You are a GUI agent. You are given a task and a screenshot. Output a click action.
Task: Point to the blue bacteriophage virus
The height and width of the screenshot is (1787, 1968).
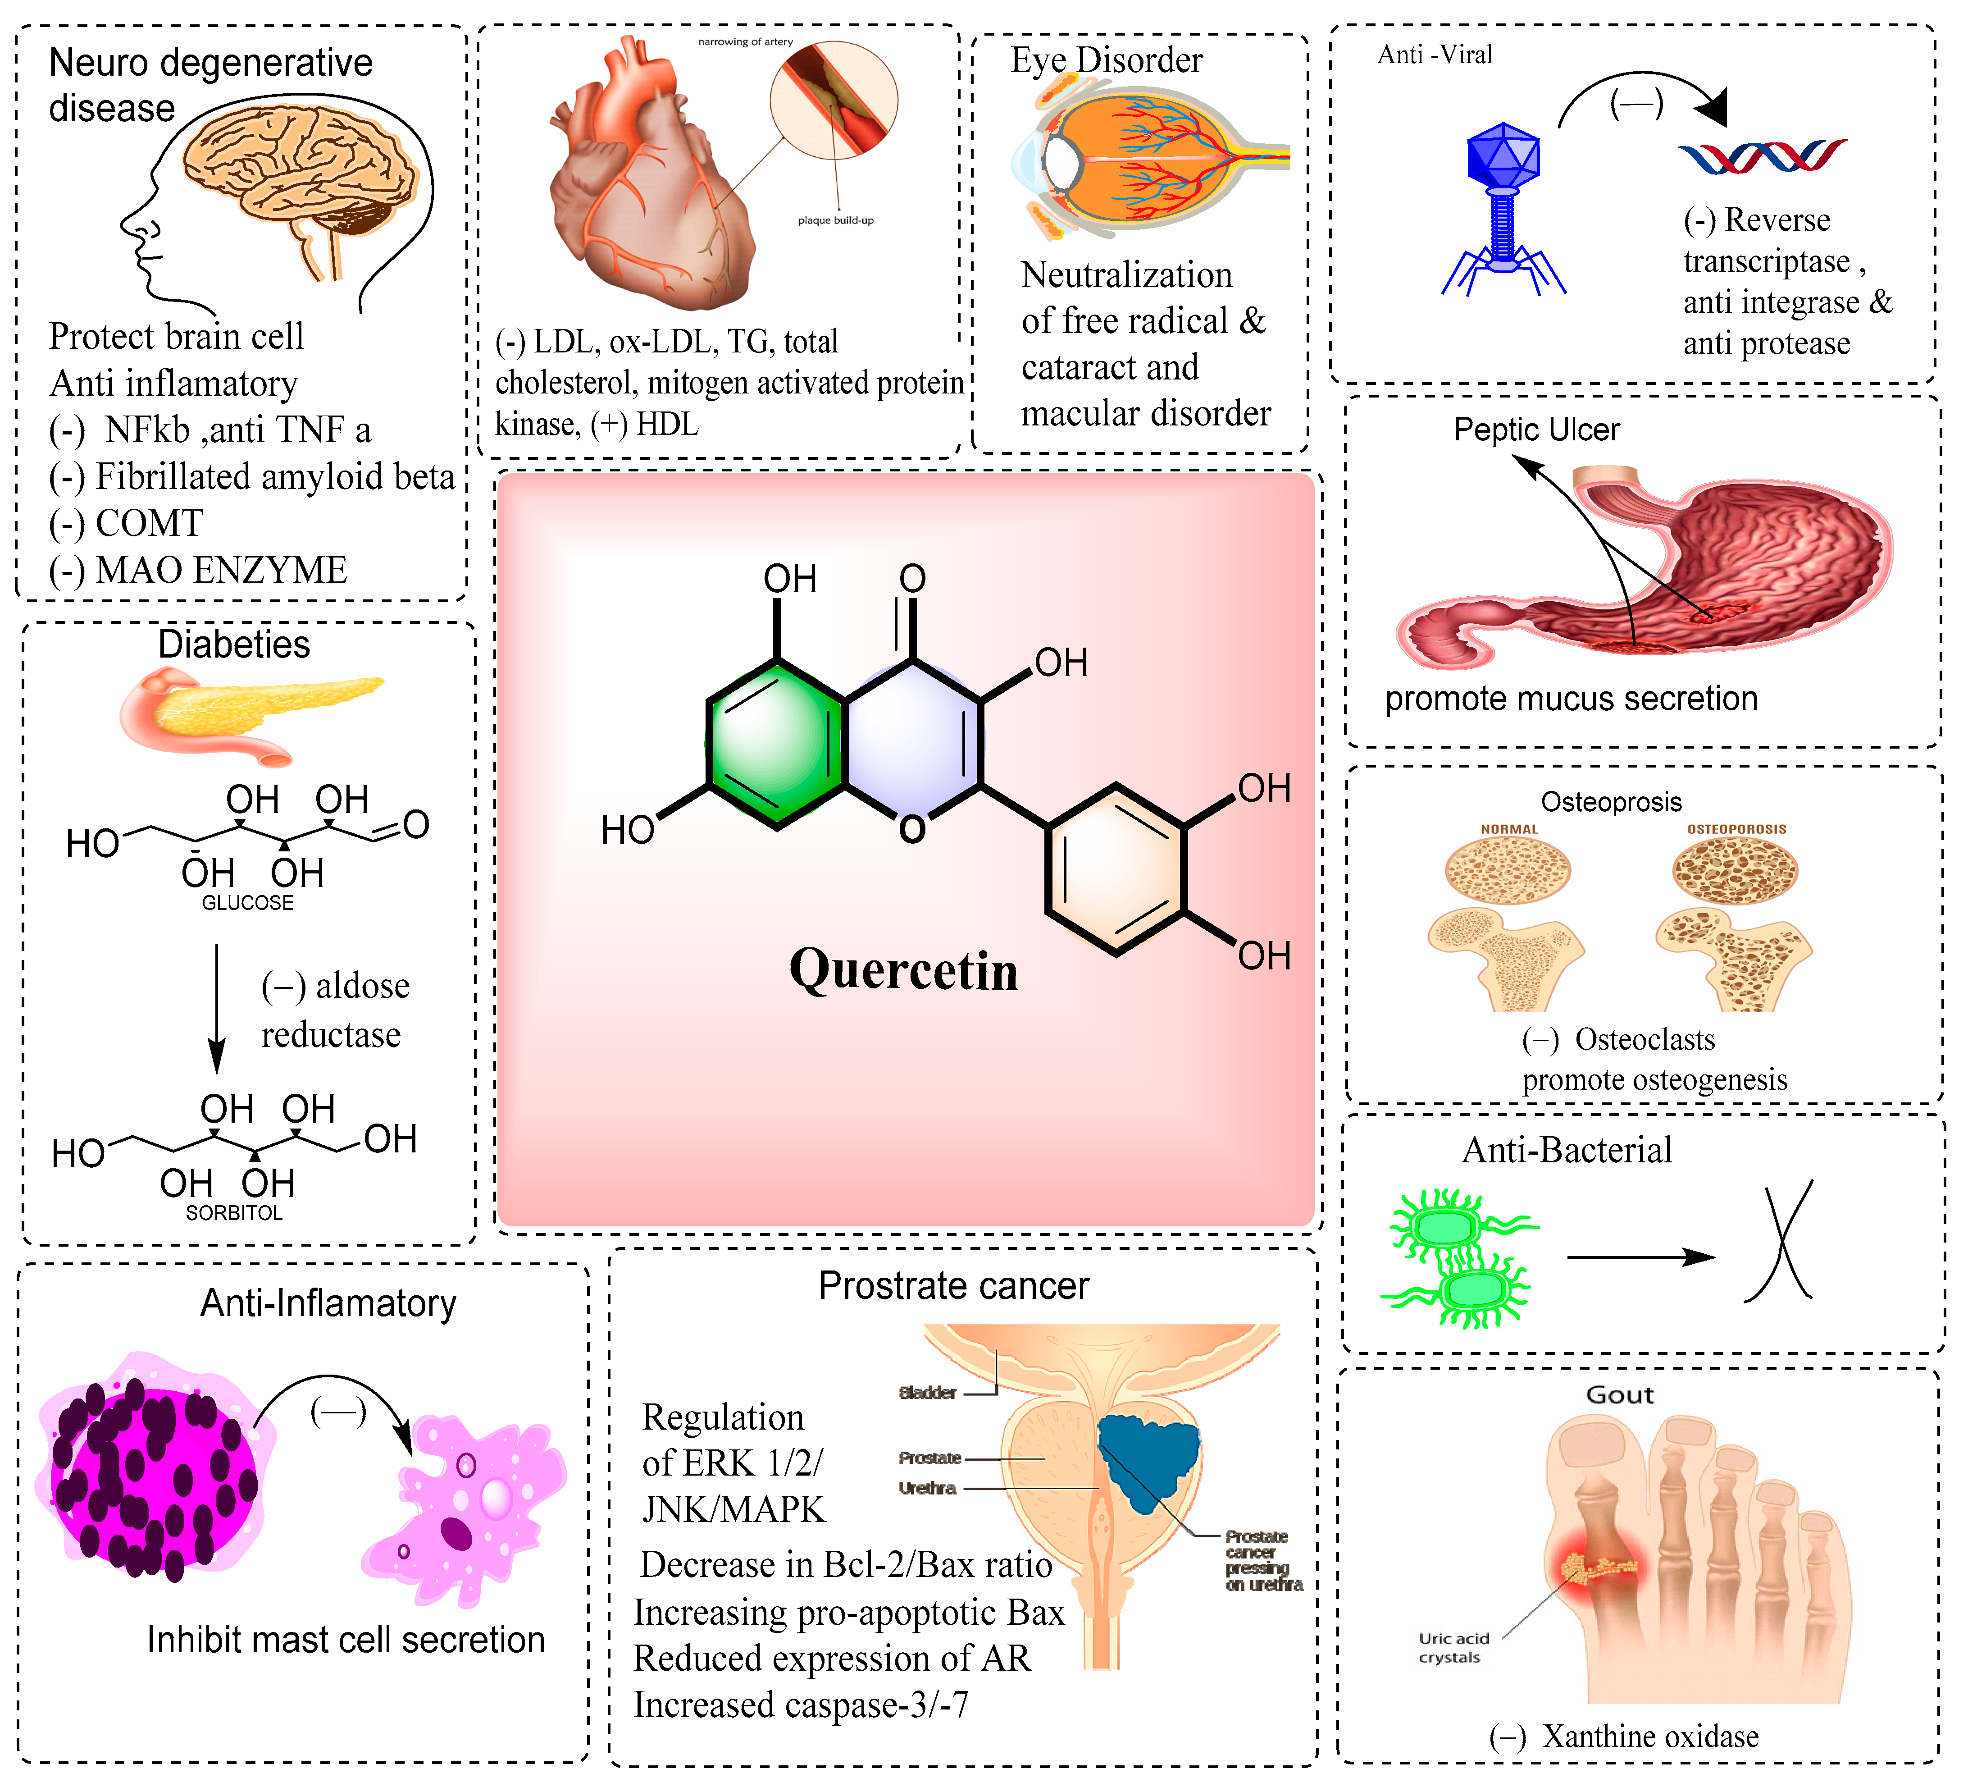tap(1503, 205)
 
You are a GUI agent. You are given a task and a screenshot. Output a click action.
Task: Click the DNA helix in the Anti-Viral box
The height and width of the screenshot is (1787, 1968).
tap(1762, 156)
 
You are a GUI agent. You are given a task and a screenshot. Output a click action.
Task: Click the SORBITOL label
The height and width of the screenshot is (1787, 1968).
tap(234, 1213)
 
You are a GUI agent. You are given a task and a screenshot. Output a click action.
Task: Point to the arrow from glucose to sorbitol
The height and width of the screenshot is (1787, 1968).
tap(217, 1006)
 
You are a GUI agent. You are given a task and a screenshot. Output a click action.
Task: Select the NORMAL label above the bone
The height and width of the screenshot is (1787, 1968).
tap(1509, 829)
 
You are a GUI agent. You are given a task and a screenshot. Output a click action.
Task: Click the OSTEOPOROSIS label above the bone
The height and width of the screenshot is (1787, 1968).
tap(1736, 829)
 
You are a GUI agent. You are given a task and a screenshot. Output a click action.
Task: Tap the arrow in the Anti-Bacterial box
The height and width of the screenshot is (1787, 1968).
tap(1640, 1258)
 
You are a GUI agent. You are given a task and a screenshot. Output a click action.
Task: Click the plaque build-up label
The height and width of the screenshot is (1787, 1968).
tap(836, 221)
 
